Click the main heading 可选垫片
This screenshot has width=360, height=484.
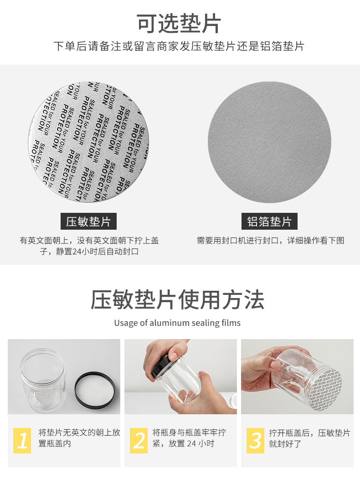pos(179,23)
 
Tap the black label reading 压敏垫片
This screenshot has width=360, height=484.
pos(88,221)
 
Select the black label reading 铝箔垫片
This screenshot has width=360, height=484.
pos(269,221)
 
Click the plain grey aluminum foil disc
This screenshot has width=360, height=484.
pos(269,142)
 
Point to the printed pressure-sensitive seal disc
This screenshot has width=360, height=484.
pos(88,142)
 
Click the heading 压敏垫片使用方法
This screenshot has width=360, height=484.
pos(178,300)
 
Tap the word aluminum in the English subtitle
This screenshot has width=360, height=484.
pos(170,323)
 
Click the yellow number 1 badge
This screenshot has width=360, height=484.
pos(22,441)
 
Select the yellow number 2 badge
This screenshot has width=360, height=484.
pos(139,441)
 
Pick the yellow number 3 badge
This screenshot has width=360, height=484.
pos(255,441)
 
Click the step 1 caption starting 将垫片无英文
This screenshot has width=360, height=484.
pos(79,438)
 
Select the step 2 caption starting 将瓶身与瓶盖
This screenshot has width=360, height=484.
pos(189,438)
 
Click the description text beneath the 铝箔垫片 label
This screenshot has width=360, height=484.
pos(271,241)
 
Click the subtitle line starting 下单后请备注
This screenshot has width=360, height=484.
pos(179,46)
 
